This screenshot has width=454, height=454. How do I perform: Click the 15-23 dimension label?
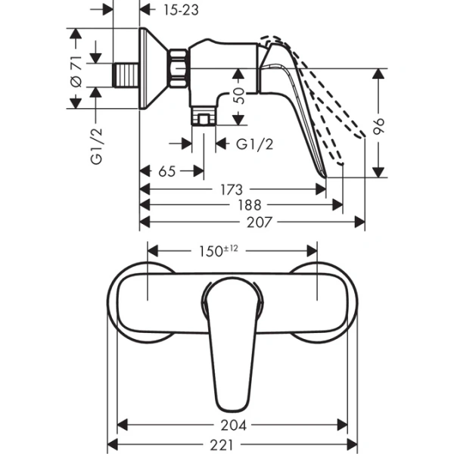182,9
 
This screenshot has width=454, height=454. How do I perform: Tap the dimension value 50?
240,96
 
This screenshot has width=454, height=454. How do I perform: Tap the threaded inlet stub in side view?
126,75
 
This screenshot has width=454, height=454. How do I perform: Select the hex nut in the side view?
179,68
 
